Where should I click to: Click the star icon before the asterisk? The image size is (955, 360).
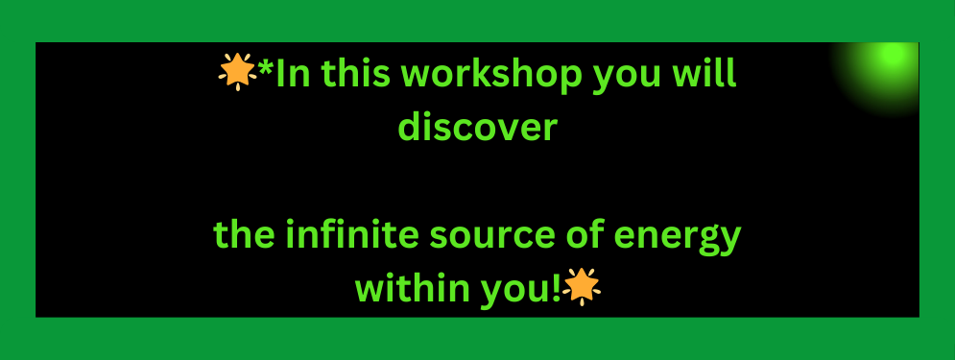tap(237, 71)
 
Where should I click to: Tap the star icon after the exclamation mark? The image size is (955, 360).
tap(582, 286)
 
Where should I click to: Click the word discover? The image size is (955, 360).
tap(478, 126)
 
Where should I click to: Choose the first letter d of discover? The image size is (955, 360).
tap(412, 127)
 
